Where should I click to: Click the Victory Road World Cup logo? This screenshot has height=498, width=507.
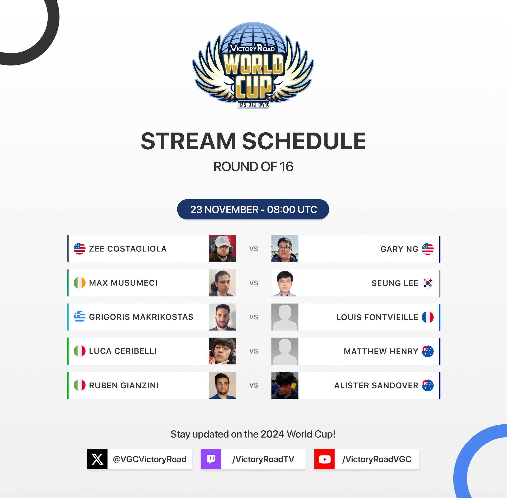click(x=253, y=65)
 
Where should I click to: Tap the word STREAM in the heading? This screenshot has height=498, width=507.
click(x=188, y=141)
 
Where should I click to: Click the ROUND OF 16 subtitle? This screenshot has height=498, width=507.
click(x=253, y=167)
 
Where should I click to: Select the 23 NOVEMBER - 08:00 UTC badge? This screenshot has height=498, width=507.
click(x=253, y=209)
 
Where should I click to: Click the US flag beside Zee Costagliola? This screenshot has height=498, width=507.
click(x=80, y=249)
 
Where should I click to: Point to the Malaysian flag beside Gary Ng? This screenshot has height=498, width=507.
click(x=428, y=249)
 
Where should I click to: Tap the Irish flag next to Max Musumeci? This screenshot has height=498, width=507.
click(x=80, y=283)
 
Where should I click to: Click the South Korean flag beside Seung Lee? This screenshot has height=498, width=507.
click(x=428, y=283)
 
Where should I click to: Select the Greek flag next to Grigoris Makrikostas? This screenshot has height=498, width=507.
click(x=80, y=317)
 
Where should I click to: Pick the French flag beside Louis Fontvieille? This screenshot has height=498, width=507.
click(x=428, y=317)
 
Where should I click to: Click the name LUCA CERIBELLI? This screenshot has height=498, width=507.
click(x=123, y=351)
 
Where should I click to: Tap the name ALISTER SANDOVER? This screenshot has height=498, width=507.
click(x=376, y=385)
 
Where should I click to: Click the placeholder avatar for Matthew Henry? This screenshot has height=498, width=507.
click(x=285, y=351)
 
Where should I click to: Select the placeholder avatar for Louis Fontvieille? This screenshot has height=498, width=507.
click(x=285, y=317)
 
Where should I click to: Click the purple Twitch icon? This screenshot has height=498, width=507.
click(x=211, y=459)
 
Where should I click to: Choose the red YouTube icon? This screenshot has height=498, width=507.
click(x=325, y=459)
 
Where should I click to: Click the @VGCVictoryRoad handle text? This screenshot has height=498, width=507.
click(x=150, y=459)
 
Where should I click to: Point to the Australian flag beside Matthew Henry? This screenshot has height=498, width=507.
click(x=428, y=351)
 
